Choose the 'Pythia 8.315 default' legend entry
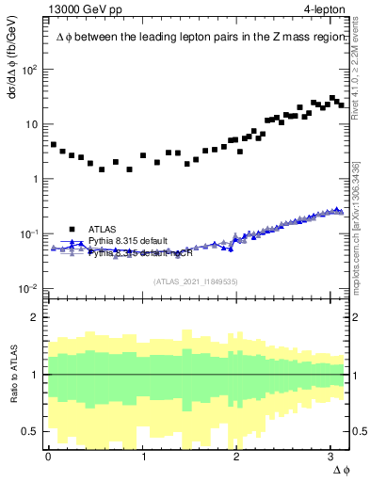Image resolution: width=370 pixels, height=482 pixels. [128, 241]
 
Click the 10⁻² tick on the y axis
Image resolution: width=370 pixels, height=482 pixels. [30, 288]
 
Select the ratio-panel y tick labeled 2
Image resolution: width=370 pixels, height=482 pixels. [36, 317]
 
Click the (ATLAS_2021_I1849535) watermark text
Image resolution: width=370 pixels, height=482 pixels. [196, 281]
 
